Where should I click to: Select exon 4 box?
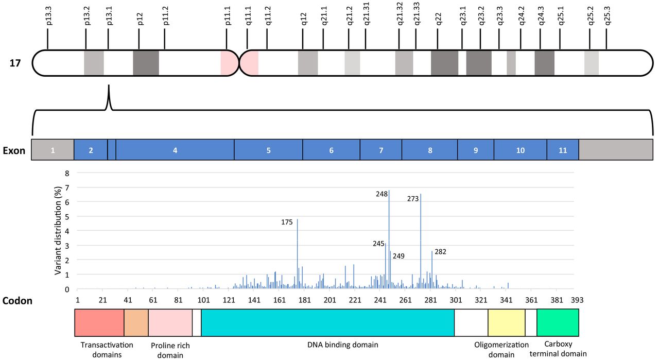[x=175, y=150]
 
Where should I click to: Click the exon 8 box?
[x=429, y=150]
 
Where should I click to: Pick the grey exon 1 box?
[x=53, y=150]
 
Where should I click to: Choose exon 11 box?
[x=562, y=150]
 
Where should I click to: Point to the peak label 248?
[x=381, y=194]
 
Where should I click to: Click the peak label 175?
[x=287, y=222]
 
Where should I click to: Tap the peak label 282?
[x=440, y=252]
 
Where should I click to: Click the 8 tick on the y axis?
[x=66, y=174]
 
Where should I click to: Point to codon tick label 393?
[x=577, y=300]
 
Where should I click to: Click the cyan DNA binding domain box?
[x=327, y=322]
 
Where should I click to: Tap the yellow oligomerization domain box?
[x=506, y=322]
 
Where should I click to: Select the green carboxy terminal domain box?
[x=558, y=322]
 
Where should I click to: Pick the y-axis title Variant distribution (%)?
[x=58, y=230]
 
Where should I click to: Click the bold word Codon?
[x=18, y=301]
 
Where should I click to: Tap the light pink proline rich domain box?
[x=170, y=322]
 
